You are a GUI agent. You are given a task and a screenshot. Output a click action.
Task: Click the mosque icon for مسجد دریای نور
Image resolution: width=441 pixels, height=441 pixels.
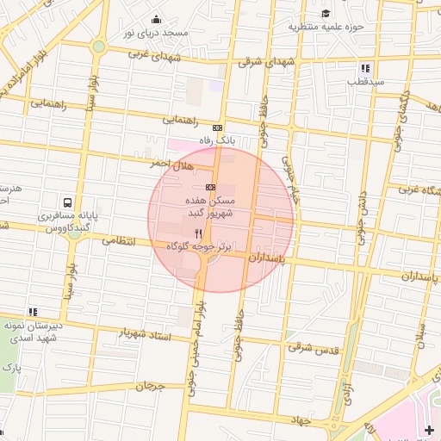point(156,20)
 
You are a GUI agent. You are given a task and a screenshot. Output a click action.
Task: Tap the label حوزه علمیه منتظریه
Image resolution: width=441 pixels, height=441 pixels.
point(326,26)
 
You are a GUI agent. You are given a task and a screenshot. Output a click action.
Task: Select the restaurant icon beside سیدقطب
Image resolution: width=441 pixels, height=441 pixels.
point(366,68)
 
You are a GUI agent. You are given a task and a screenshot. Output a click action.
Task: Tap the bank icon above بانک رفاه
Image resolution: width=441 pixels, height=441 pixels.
point(216,127)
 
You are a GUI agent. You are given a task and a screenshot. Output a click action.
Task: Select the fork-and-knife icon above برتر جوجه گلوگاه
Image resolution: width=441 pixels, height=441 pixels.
point(199,233)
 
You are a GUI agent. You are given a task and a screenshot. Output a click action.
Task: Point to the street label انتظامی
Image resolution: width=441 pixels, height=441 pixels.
point(120,241)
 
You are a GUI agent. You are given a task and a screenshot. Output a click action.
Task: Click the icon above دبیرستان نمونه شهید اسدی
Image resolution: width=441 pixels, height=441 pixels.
point(33,312)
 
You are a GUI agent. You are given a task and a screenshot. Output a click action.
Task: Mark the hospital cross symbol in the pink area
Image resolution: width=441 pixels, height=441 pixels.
point(430,430)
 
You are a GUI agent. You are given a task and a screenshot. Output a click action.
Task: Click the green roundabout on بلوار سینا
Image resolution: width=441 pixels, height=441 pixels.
point(99,47)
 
